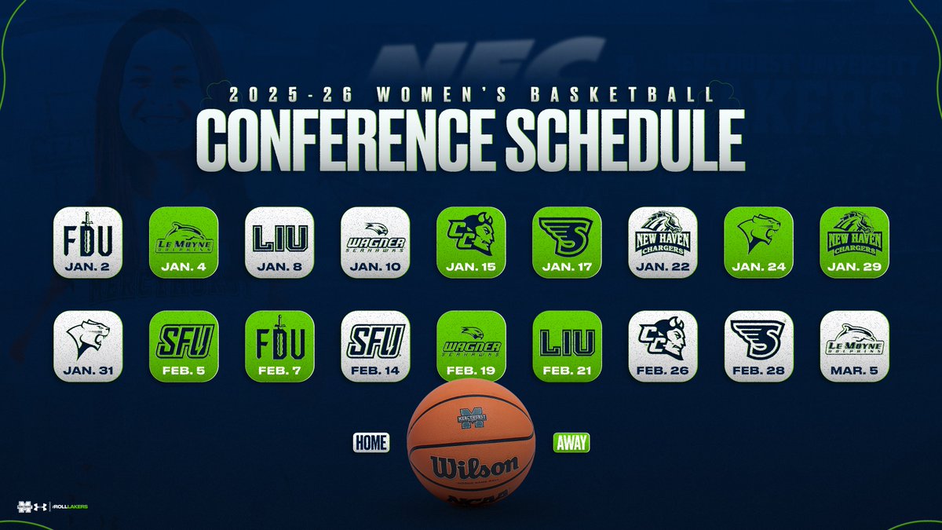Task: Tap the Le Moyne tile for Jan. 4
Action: point(184,242)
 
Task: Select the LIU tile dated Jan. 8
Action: point(279,242)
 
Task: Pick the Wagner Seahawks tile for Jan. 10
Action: point(375,242)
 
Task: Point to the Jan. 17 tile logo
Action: point(567,235)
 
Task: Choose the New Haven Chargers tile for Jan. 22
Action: point(663,242)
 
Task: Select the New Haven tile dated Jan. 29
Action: point(854,242)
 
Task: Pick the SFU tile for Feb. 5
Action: point(184,345)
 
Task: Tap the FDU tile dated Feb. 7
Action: point(279,345)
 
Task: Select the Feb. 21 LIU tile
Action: point(567,345)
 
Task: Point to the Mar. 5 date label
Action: point(854,369)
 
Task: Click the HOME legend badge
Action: point(371,443)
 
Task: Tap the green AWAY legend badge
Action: point(571,443)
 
